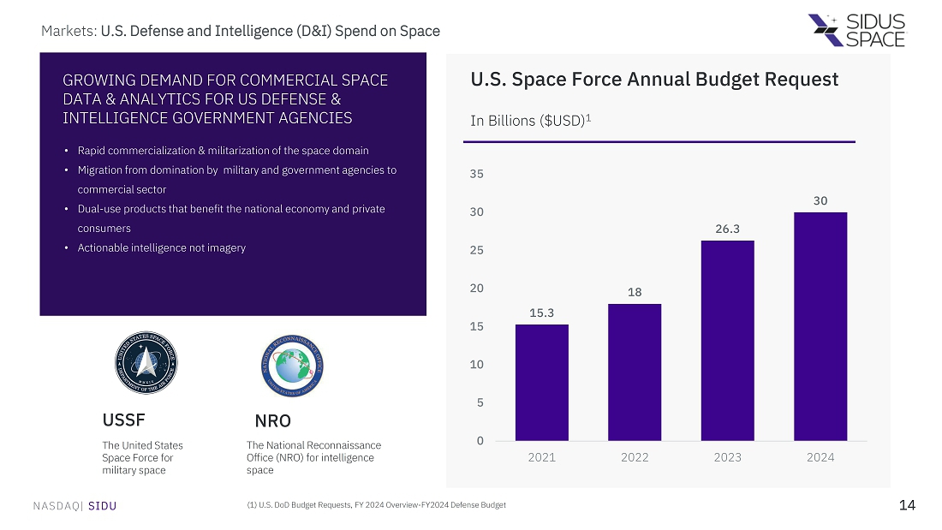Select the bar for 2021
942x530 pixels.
(541, 382)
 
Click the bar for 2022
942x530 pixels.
(635, 372)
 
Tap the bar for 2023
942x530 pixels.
(727, 340)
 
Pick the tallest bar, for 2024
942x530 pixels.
(820, 326)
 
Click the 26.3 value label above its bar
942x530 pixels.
(727, 229)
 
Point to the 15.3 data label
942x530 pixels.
(541, 313)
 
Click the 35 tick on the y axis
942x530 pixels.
(477, 174)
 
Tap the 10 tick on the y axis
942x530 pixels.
(477, 365)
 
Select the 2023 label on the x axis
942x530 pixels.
(727, 457)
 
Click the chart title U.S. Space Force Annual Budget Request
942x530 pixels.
(654, 80)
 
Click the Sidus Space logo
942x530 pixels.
(856, 30)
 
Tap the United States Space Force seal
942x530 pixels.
(146, 363)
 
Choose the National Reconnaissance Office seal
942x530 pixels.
(292, 363)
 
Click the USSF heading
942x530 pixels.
(123, 420)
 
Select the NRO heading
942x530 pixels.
(272, 421)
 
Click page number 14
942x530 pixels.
(907, 505)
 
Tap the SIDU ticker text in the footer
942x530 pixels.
(102, 506)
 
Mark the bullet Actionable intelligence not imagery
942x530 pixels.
(161, 248)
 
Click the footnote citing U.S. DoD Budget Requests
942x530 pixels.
(376, 505)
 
